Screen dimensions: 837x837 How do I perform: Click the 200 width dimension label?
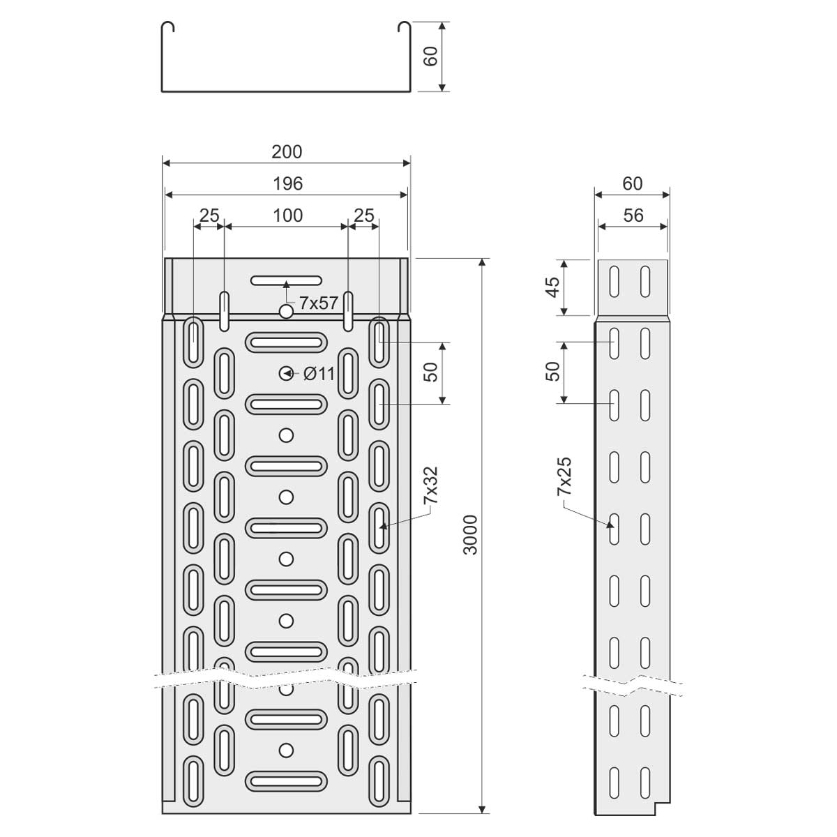point(287,152)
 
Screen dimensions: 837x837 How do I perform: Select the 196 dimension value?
point(287,183)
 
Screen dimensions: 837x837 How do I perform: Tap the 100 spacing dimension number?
point(287,216)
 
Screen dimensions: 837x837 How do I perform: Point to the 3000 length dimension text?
point(470,535)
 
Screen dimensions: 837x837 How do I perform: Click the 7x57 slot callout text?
point(318,303)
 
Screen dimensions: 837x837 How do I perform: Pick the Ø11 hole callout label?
point(319,374)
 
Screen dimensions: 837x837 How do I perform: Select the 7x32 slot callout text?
point(430,485)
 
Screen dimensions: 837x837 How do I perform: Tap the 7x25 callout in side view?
point(564,476)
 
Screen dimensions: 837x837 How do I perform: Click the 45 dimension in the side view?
point(553,287)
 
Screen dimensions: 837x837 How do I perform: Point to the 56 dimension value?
point(633,216)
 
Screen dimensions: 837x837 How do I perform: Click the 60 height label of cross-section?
point(430,56)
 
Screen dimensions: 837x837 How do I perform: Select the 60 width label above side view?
point(633,183)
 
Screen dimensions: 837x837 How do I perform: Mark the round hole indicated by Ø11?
point(286,373)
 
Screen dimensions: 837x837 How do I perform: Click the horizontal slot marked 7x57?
point(286,280)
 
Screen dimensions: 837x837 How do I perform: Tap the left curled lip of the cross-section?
point(167,26)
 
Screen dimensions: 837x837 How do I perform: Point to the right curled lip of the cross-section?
point(405,26)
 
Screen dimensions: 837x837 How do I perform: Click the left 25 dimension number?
point(209,216)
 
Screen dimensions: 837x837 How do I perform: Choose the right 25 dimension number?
point(364,216)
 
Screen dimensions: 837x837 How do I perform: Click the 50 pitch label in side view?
point(553,371)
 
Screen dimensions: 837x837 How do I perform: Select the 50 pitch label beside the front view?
point(430,372)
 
